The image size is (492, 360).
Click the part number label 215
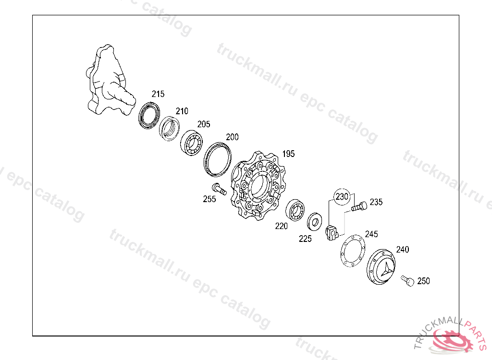coord(158,94)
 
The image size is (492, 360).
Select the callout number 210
coord(182,111)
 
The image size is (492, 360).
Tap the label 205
coord(203,124)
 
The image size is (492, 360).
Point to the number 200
coord(232,137)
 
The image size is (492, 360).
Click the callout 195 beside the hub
coord(288,154)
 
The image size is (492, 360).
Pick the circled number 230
coord(342,197)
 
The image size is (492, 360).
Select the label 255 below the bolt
coord(209,199)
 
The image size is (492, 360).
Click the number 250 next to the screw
coord(423,281)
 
